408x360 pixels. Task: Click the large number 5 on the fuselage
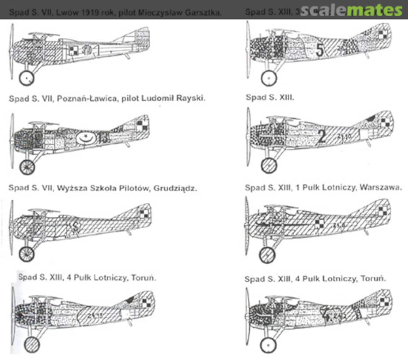point(320,50)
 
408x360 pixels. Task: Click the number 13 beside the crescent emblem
point(102,138)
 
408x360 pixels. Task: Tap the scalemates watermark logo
point(351,11)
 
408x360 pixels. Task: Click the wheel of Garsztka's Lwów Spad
point(27,78)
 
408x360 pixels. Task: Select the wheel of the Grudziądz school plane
point(27,254)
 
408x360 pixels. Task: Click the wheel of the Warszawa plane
point(267,254)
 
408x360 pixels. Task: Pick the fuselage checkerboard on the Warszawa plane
point(319,223)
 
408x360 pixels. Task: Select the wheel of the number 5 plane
point(269,78)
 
